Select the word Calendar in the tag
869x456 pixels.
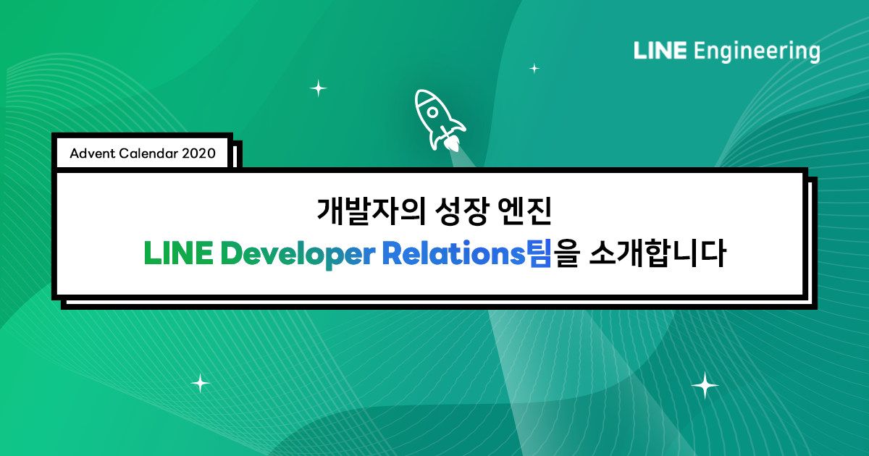148,153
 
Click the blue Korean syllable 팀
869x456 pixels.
540,254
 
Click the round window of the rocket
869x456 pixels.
432,112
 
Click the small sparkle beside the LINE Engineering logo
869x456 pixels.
534,69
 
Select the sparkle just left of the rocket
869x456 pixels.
318,88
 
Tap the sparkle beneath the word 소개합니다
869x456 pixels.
705,385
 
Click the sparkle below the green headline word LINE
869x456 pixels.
199,383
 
